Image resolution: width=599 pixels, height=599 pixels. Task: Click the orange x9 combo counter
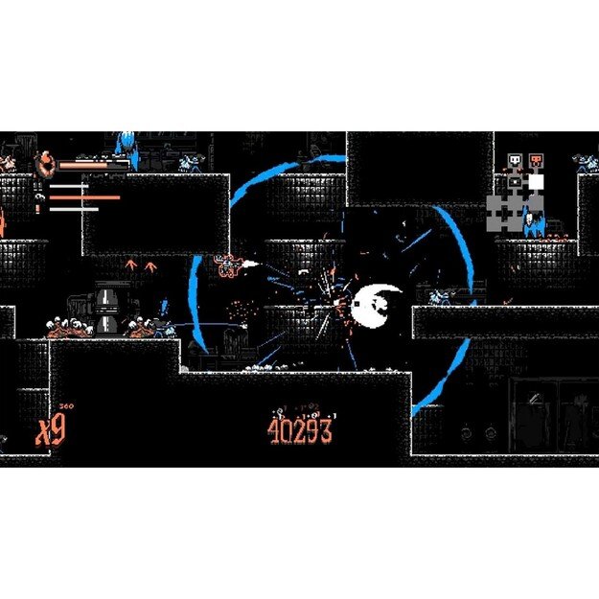point(51,431)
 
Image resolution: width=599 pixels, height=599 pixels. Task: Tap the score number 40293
point(300,430)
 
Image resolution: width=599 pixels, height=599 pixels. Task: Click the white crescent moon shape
point(377,304)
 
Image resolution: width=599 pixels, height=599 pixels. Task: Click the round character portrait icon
point(45,164)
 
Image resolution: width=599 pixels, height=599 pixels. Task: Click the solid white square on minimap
point(536,181)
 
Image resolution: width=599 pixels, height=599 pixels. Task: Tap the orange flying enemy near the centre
point(229,265)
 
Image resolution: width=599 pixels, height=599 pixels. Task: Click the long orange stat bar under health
point(84,198)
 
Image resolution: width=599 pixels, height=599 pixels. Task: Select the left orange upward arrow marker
point(131,265)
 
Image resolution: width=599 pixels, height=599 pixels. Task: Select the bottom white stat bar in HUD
point(74,208)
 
